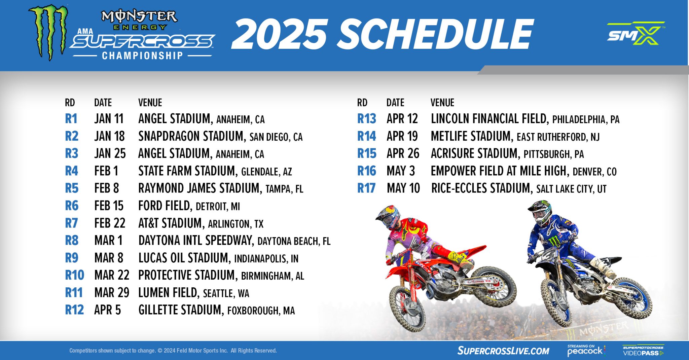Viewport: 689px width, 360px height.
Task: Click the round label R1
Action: [x=71, y=119]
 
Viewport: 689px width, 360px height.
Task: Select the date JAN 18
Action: [x=109, y=136]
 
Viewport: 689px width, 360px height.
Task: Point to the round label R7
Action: [x=71, y=223]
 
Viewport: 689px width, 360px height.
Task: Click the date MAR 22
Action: [x=112, y=275]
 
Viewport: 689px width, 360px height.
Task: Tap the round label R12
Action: [x=74, y=310]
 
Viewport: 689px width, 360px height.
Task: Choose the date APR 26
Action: [x=403, y=153]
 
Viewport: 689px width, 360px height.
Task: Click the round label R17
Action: [x=366, y=188]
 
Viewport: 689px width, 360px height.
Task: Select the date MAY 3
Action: [x=401, y=171]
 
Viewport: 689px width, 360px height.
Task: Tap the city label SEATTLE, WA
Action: [x=226, y=293]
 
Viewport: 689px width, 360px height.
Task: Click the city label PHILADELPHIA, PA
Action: [x=586, y=119]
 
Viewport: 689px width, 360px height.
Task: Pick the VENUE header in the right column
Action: [x=442, y=103]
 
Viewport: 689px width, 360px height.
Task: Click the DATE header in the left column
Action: [x=103, y=103]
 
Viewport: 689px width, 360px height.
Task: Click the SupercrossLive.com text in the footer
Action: [x=503, y=351]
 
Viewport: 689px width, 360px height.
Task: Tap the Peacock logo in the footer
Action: [x=586, y=351]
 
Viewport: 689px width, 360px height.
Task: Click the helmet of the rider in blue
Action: [x=540, y=212]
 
